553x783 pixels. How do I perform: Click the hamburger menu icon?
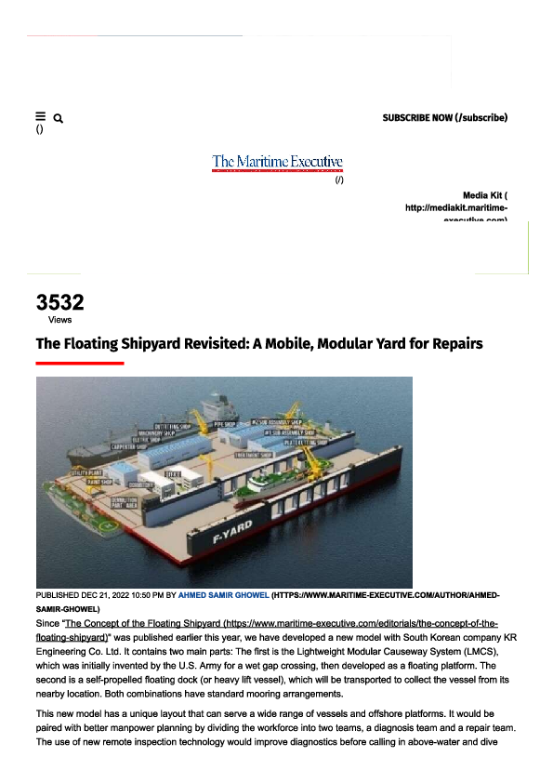[x=40, y=116]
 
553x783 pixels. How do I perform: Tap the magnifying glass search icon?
[x=59, y=119]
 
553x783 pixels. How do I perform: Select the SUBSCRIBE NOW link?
[x=444, y=118]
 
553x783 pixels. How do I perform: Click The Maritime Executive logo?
[x=277, y=163]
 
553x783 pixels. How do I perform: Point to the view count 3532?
[x=59, y=302]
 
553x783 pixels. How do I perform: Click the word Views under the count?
[x=59, y=319]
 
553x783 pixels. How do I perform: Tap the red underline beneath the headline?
[x=79, y=363]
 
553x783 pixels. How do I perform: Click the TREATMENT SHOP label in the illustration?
[x=253, y=456]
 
